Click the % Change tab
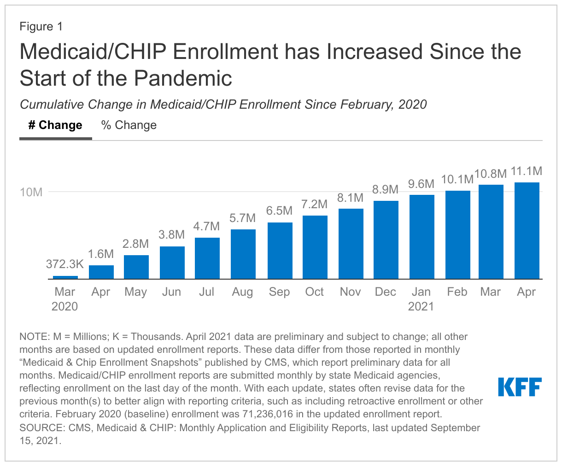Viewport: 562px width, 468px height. click(x=129, y=125)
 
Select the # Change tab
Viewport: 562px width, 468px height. click(x=55, y=125)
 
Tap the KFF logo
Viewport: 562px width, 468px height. click(x=520, y=387)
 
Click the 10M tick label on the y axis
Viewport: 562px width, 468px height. click(x=31, y=192)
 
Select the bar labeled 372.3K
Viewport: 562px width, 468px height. click(x=65, y=277)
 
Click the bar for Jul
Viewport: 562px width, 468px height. click(x=207, y=258)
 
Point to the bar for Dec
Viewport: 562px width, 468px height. click(x=386, y=240)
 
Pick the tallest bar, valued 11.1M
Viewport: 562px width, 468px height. click(x=527, y=230)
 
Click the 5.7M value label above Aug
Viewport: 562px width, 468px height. click(x=243, y=218)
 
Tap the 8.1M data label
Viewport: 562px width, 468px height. click(x=350, y=198)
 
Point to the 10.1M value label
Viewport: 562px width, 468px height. click(x=457, y=179)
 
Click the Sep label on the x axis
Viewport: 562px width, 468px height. click(x=279, y=292)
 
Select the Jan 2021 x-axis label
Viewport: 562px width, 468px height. click(x=421, y=299)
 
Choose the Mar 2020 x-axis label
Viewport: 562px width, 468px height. click(x=65, y=299)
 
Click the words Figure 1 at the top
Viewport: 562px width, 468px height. click(x=41, y=27)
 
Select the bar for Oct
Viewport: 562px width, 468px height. click(x=315, y=247)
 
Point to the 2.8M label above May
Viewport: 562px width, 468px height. click(x=135, y=244)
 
